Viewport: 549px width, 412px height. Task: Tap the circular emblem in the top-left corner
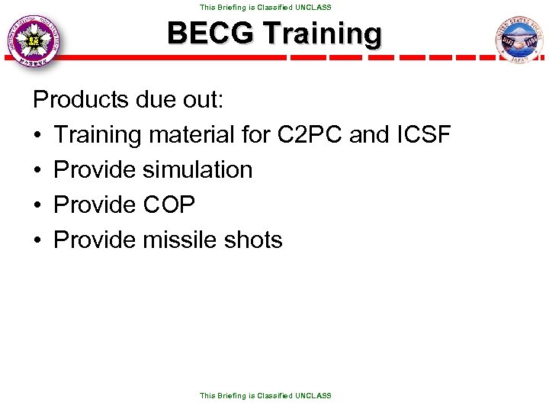[x=33, y=40]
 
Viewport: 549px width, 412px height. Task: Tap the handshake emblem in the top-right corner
[x=518, y=40]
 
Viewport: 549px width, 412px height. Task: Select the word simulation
[x=197, y=169]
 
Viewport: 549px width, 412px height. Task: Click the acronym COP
[x=169, y=204]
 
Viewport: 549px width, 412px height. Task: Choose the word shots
[x=253, y=240]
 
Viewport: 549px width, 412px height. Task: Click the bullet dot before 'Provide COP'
[x=37, y=205]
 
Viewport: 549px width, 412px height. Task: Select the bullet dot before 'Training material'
[x=37, y=135]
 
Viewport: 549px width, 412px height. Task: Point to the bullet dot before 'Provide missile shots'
[x=37, y=240]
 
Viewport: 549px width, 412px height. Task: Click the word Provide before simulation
[x=95, y=169]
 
